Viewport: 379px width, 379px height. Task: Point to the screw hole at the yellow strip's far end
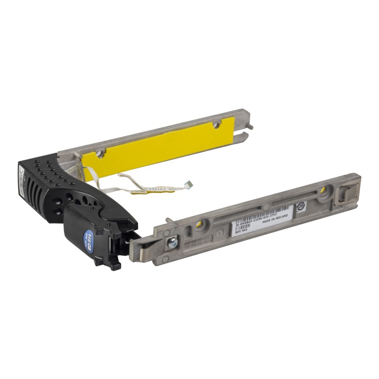click(x=217, y=125)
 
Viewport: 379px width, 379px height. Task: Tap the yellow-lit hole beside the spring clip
click(x=323, y=190)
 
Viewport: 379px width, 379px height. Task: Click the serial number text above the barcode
click(x=263, y=216)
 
